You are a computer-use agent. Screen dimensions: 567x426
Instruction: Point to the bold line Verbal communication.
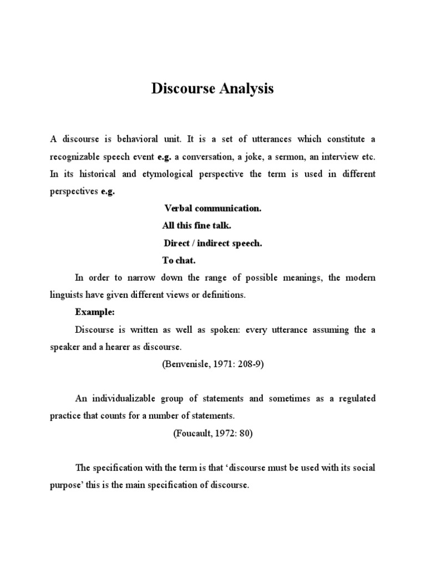tap(212, 209)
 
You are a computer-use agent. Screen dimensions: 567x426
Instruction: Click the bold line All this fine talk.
tap(196, 226)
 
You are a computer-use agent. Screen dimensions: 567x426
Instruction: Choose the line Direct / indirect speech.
tap(212, 243)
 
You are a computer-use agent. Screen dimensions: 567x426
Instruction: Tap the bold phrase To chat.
tap(179, 260)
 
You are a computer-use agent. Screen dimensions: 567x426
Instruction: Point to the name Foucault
tap(193, 434)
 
